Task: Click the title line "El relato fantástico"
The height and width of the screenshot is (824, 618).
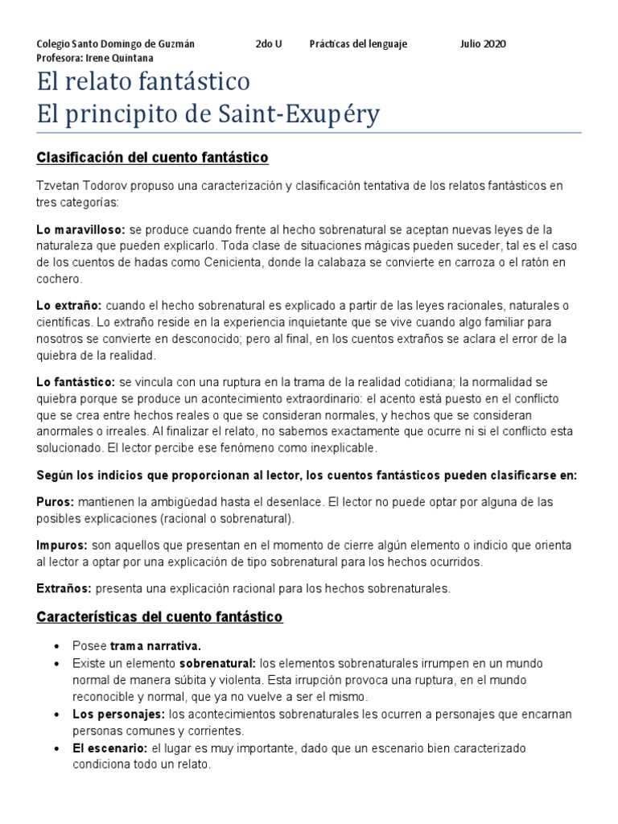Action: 144,82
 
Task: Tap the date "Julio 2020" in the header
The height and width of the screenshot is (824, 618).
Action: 483,43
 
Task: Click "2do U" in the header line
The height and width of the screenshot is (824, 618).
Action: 269,43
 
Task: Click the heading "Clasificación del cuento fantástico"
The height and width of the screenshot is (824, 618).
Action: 152,157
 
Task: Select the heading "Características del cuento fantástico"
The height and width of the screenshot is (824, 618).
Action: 159,617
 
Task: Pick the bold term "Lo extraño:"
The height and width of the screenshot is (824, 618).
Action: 69,306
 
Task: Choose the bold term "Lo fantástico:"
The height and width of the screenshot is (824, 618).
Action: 76,381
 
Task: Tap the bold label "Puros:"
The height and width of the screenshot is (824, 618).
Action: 55,502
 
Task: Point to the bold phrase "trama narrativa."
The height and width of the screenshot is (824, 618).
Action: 155,645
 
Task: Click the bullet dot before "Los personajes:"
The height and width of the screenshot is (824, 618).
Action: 56,715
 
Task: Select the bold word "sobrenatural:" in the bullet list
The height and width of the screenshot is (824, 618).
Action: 216,663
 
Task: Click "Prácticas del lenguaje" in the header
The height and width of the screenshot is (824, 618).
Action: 358,43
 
